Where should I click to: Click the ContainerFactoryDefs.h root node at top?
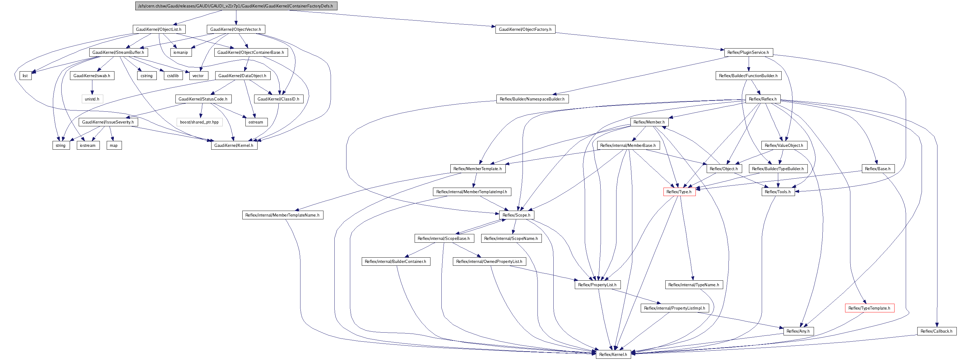(236, 6)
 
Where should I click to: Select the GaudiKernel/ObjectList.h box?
(159, 29)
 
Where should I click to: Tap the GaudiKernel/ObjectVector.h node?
(236, 29)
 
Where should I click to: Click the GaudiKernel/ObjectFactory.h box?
(525, 29)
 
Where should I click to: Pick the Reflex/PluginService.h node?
(748, 53)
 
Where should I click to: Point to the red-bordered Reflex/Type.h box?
(679, 192)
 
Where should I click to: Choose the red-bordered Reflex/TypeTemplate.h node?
(869, 308)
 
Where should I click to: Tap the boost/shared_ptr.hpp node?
(200, 122)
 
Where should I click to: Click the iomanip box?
(181, 53)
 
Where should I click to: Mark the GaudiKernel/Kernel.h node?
(234, 145)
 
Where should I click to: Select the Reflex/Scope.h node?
(517, 215)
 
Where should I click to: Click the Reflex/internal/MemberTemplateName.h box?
(283, 215)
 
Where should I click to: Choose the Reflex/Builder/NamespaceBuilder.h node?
(532, 99)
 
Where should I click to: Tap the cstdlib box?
(173, 76)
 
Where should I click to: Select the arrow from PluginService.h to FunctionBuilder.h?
(748, 64)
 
